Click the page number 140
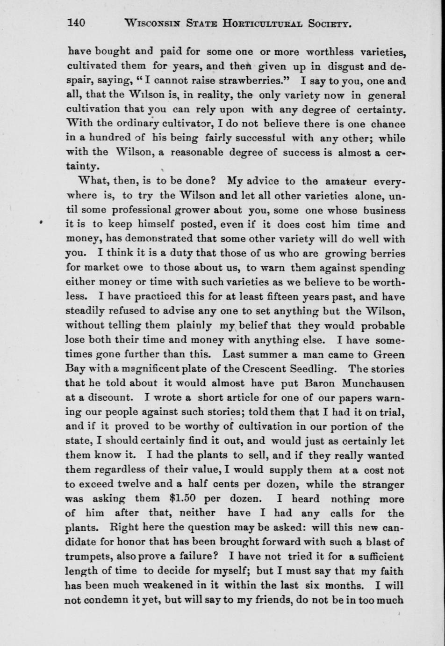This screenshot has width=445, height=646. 76,23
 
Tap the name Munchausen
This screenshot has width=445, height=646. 373,383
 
